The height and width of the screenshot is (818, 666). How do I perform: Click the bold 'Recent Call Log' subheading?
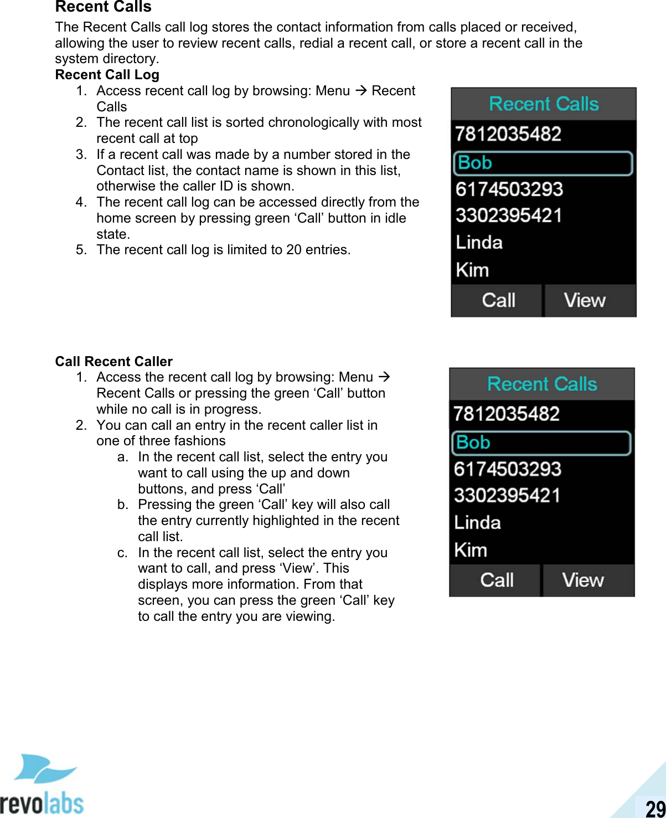point(107,75)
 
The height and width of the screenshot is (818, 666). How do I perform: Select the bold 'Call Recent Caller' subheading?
point(113,362)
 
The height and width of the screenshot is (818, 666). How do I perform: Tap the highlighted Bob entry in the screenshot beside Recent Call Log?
point(543,163)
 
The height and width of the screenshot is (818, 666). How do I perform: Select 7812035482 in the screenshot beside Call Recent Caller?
point(507,414)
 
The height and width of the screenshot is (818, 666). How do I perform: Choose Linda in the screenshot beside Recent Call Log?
point(479,243)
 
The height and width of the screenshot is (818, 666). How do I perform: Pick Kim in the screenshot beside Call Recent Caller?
point(471,550)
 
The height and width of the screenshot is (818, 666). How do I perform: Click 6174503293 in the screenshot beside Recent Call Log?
point(509,189)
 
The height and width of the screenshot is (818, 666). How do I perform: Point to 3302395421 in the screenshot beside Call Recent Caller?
point(507,495)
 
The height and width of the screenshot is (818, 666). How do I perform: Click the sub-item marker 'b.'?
point(123,505)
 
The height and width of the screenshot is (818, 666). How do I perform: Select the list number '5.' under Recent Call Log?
point(81,250)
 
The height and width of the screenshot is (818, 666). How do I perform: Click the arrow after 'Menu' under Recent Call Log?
point(361,90)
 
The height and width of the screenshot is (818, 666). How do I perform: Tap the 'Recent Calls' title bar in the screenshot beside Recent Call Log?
point(544,104)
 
